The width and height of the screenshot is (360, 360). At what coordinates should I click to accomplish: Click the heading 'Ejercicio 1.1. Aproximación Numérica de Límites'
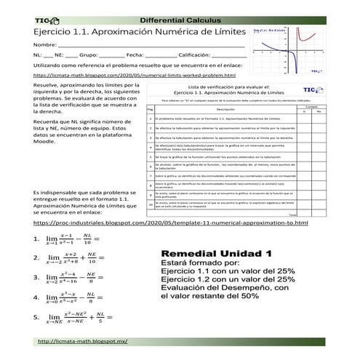pos(127,33)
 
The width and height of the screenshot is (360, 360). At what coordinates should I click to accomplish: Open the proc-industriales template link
pos(170,223)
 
